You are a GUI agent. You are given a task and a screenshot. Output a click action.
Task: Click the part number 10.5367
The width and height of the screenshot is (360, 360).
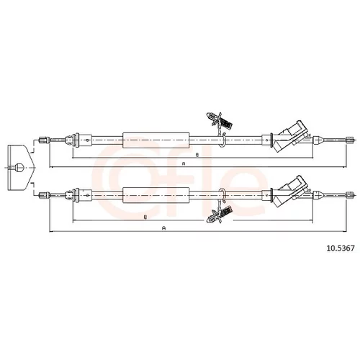point(340,248)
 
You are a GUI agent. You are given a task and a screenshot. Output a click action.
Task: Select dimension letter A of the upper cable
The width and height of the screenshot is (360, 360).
point(184,163)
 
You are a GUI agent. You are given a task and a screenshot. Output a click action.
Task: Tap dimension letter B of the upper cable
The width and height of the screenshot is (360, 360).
point(197,155)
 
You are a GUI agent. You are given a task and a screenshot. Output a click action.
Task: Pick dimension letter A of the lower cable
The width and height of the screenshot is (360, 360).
point(164,228)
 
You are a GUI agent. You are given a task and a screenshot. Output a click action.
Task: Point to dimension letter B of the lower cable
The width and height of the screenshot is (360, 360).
point(145,217)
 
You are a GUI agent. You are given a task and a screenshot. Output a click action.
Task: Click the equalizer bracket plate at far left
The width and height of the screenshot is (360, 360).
point(20,168)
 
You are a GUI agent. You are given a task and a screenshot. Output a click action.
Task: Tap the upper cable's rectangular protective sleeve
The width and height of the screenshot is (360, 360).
point(156,140)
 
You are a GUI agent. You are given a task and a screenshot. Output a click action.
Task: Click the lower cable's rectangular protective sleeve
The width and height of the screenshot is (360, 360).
point(156,195)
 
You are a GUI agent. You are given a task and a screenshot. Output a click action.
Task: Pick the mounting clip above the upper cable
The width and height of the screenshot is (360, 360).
point(219,120)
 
